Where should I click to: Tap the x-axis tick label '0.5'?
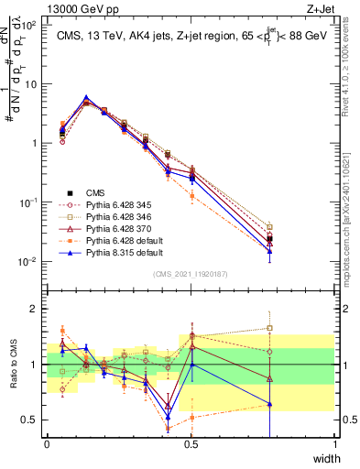point(191,444)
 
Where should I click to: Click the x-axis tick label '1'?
point(334,444)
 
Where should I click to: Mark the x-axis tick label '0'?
point(48,444)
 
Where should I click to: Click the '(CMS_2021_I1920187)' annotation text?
point(191,274)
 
